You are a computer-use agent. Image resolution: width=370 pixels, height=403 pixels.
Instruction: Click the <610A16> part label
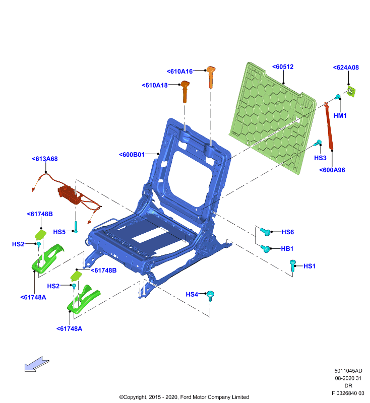pos(179,72)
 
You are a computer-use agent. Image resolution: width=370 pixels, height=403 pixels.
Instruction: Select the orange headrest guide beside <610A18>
pos(184,92)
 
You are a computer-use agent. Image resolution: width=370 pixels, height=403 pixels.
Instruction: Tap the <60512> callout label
pos(283,67)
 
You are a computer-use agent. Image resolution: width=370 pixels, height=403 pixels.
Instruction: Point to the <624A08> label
pos(346,68)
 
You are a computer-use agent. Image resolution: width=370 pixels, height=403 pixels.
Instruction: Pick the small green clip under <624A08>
pos(351,92)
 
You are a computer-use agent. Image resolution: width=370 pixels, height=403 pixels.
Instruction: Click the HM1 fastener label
pos(340,116)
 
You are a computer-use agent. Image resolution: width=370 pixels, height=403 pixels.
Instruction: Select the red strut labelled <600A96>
pos(329,125)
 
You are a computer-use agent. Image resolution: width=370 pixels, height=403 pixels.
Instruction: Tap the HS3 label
pos(320,158)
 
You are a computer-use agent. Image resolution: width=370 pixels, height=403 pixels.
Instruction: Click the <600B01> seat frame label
pos(132,155)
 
